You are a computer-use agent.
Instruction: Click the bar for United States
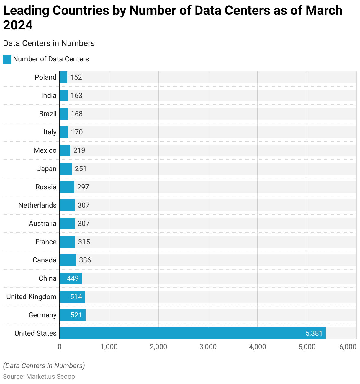point(192,333)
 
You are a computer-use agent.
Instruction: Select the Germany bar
point(73,315)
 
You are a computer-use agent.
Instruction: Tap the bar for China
point(71,278)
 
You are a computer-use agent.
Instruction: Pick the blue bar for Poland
point(63,77)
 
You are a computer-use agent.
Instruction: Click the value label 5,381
point(314,333)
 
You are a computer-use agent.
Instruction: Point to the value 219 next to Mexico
point(79,150)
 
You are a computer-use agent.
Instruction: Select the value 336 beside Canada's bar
point(85,260)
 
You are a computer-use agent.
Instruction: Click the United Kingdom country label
point(31,297)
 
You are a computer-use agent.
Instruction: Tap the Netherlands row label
point(37,205)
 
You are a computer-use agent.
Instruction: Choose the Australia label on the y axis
point(42,224)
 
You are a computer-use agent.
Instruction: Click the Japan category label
point(47,169)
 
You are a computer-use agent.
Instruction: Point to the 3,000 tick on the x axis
point(208,347)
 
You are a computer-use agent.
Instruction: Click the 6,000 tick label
point(348,347)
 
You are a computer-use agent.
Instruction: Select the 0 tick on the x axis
point(60,347)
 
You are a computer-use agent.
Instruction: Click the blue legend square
point(7,59)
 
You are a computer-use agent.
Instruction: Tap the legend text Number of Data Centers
point(51,59)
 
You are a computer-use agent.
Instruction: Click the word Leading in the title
point(26,11)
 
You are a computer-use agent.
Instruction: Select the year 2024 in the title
point(18,25)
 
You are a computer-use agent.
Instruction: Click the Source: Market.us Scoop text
point(39,377)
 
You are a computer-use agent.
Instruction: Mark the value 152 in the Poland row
point(76,77)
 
